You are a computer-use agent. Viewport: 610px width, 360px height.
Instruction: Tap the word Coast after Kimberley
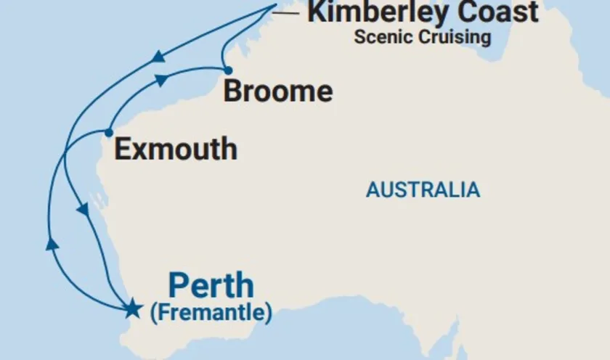point(501,12)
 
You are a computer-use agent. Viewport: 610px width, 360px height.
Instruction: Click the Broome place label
point(278,92)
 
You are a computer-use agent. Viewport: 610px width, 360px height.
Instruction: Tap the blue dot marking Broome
point(228,70)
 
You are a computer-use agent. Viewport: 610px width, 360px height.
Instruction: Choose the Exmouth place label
point(176,150)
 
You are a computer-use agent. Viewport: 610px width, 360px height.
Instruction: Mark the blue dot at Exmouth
point(108,133)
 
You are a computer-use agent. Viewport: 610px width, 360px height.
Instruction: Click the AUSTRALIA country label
point(423,190)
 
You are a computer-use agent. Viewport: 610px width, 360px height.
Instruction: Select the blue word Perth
point(211,286)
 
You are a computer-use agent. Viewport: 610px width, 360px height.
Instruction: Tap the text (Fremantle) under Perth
point(211,314)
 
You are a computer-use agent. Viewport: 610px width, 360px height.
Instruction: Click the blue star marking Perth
point(132,309)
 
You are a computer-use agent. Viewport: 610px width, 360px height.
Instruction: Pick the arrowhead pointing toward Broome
point(161,78)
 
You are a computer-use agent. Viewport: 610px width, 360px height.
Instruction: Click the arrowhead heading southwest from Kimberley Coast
point(156,56)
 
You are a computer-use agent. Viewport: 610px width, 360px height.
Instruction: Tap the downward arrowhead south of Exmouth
point(84,210)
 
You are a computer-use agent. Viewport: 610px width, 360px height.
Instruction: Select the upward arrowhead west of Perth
point(52,244)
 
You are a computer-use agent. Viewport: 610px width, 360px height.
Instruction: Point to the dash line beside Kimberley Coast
point(288,12)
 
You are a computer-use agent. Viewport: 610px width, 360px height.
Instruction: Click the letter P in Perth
point(179,286)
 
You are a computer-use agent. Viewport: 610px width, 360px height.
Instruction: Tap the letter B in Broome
point(234,92)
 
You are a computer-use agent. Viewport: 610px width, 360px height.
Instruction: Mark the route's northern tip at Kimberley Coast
point(277,6)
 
